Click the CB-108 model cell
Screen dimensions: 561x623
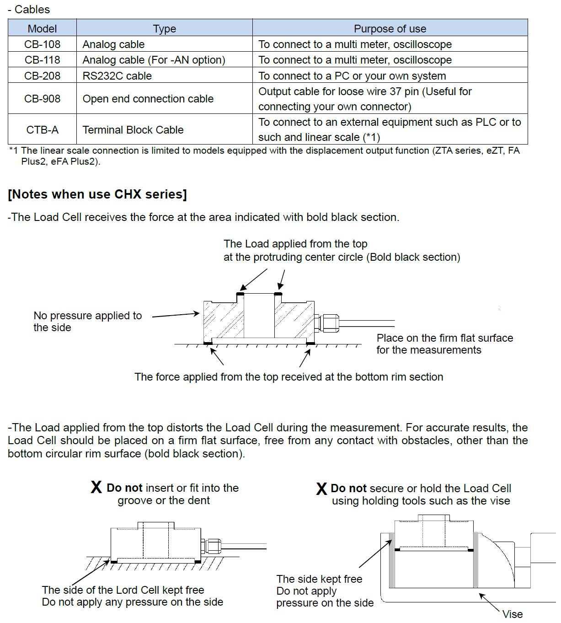(x=42, y=44)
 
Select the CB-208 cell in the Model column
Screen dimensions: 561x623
(x=42, y=76)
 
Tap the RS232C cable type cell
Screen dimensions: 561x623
(x=165, y=76)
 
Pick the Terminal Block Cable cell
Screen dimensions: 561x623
(x=165, y=129)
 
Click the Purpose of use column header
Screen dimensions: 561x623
(x=390, y=28)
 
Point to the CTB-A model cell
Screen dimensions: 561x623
(x=42, y=129)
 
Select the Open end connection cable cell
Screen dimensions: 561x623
(x=165, y=98)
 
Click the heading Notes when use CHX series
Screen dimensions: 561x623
(x=97, y=194)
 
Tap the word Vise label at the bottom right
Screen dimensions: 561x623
(x=513, y=614)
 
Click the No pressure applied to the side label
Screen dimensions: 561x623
(x=87, y=322)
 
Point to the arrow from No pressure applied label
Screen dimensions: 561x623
(x=176, y=315)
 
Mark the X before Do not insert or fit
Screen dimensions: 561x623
(x=96, y=487)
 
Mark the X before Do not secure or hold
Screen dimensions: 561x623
(x=321, y=488)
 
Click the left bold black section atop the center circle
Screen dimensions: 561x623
(x=240, y=294)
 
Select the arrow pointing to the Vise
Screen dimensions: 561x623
(x=490, y=602)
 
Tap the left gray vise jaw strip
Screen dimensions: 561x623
(x=391, y=560)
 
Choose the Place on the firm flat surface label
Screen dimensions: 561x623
(x=444, y=344)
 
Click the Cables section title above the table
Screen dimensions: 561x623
(x=29, y=9)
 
